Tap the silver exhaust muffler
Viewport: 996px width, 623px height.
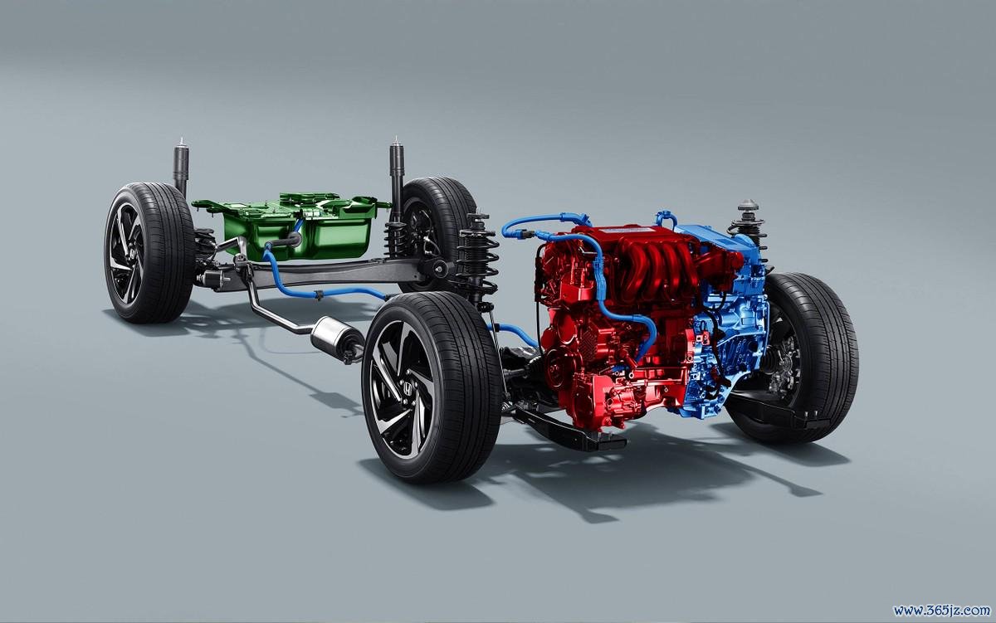tap(337, 338)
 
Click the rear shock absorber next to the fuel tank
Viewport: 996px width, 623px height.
tap(396, 178)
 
